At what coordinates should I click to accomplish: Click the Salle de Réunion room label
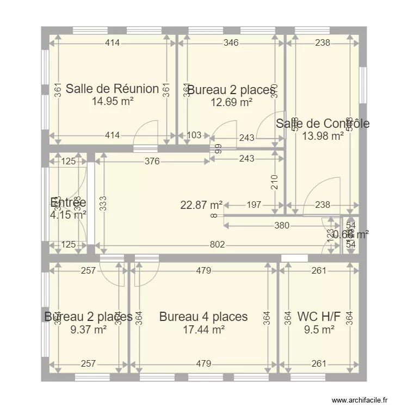pos(112,89)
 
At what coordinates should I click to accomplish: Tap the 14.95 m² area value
pos(112,101)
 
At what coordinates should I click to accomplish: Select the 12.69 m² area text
pos(231,102)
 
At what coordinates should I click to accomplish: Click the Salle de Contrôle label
pos(323,124)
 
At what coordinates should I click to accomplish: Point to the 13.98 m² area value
pos(323,136)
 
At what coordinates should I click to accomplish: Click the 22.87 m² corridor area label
pos(201,205)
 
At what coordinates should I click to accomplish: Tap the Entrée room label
pos(68,203)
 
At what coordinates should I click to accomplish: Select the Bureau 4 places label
pos(203,317)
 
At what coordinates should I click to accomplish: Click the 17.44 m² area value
pos(203,329)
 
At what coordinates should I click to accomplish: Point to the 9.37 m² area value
pos(88,329)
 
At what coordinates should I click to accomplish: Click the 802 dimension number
pos(217,245)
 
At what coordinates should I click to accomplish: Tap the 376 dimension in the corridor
pos(152,160)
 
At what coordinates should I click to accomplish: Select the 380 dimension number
pos(281,226)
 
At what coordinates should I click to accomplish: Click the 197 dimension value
pos(254,205)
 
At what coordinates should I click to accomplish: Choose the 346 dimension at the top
pos(231,43)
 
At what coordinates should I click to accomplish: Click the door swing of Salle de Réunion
pos(145,135)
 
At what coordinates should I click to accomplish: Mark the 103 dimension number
pos(194,135)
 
